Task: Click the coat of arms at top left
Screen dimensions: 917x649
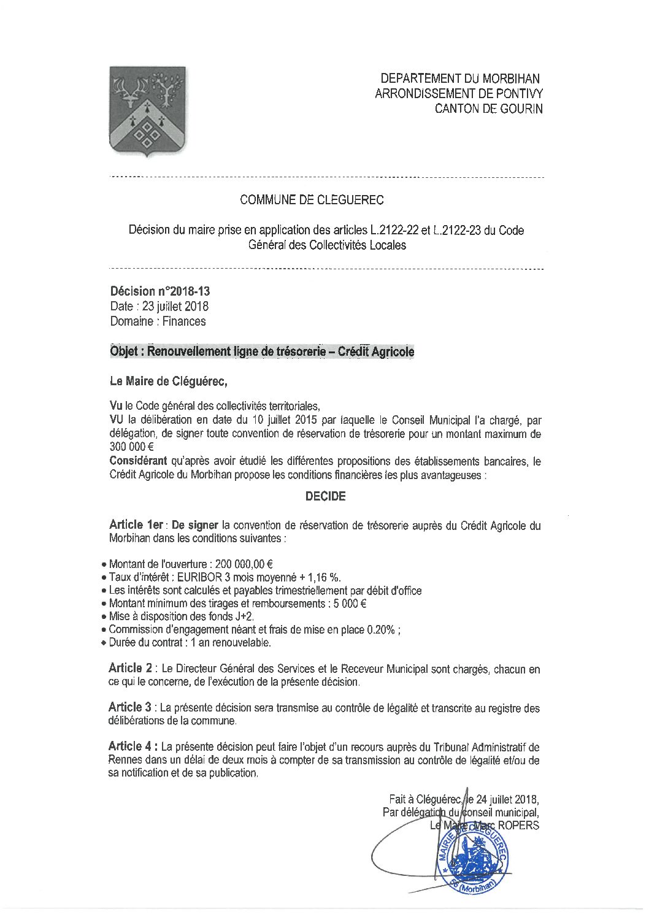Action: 147,111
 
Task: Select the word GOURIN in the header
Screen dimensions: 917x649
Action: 521,109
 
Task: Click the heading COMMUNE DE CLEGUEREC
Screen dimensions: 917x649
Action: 312,200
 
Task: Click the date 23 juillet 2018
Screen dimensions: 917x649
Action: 175,307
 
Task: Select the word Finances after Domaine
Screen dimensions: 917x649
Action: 184,321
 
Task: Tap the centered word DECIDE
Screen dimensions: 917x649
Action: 325,496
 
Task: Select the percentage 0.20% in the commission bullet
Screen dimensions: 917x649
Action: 381,630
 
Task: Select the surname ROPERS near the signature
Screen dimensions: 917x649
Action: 519,826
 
